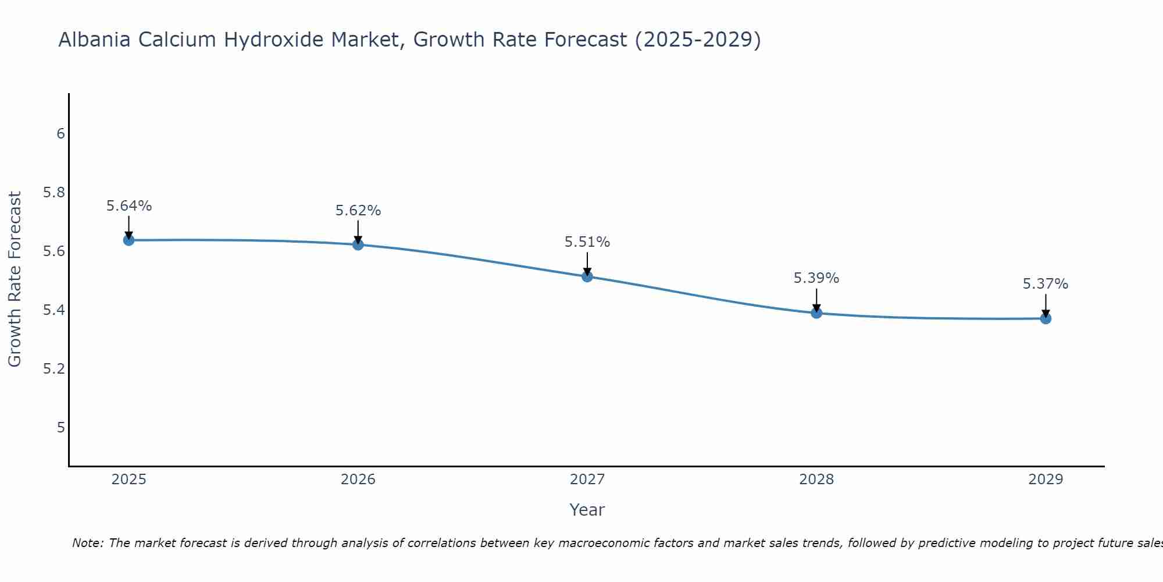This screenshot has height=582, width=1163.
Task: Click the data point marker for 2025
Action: [129, 240]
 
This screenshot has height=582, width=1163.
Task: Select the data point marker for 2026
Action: [358, 244]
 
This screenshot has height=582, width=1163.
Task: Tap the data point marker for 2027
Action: [587, 276]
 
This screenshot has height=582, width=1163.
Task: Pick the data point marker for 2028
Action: [816, 313]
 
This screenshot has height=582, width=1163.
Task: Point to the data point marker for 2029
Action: [1046, 318]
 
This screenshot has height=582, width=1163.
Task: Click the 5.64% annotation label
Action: [129, 206]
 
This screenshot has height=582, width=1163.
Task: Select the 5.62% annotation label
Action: [358, 211]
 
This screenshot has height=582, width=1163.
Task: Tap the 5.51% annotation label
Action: [587, 242]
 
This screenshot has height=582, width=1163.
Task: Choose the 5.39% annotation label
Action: [816, 278]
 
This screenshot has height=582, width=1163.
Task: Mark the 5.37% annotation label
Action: [1046, 284]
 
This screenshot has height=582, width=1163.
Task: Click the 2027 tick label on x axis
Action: [587, 480]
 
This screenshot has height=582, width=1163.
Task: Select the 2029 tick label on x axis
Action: [1046, 480]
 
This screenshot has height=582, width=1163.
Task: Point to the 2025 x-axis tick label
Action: [129, 480]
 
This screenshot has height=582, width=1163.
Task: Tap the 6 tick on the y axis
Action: [60, 134]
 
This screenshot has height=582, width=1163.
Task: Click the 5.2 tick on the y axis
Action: [54, 369]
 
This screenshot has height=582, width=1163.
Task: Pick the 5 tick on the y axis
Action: [60, 428]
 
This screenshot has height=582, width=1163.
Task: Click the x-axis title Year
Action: [587, 510]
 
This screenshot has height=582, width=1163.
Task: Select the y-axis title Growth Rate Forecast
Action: [15, 279]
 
